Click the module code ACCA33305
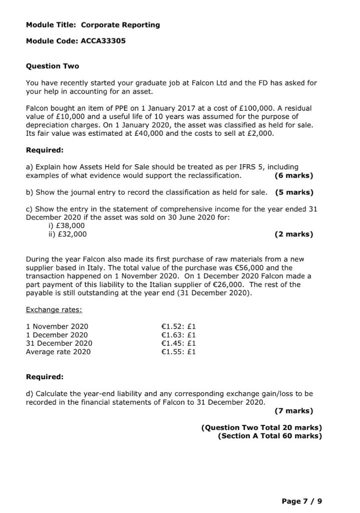tap(103, 41)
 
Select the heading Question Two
tap(52, 66)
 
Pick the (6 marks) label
tap(294, 175)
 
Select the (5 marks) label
tap(294, 192)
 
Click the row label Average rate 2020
tap(58, 352)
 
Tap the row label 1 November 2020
tap(57, 327)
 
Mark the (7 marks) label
tap(294, 411)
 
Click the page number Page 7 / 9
tap(302, 500)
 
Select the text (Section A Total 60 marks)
tap(270, 436)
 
